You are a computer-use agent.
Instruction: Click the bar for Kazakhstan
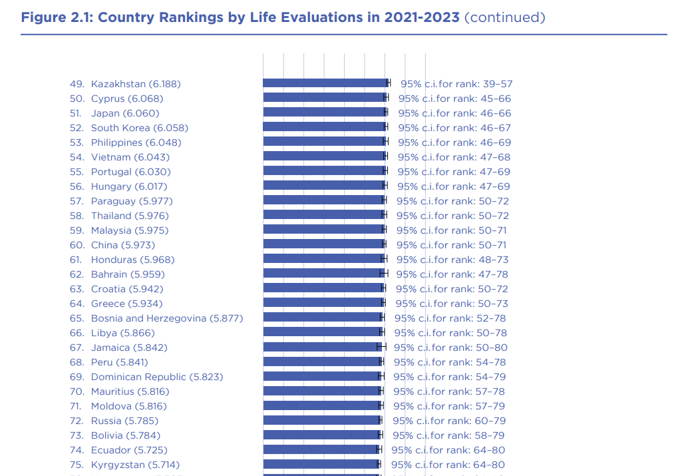[x=325, y=83]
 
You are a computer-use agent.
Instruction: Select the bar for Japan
[x=323, y=113]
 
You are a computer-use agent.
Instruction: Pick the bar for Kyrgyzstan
[x=320, y=465]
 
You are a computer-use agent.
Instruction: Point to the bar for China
[x=323, y=245]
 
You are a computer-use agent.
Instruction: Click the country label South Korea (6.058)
[x=139, y=128]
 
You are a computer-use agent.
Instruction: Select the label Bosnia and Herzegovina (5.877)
[x=167, y=318]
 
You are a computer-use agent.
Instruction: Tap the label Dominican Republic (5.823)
[x=157, y=377]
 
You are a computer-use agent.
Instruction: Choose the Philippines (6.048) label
[x=136, y=142]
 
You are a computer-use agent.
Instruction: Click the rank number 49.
[x=77, y=84]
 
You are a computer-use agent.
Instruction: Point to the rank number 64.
[x=77, y=304]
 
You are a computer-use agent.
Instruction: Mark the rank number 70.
[x=77, y=391]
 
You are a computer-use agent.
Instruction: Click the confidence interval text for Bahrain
[x=452, y=274]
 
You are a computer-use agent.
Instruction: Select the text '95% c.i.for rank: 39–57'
[x=456, y=84]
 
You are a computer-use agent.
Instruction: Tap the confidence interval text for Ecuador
[x=448, y=450]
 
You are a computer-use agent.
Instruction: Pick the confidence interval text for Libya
[x=450, y=333]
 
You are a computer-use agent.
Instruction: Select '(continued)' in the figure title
[x=504, y=17]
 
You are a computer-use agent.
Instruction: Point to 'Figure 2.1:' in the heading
[x=57, y=17]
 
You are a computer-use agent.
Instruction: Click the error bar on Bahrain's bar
[x=384, y=274]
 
